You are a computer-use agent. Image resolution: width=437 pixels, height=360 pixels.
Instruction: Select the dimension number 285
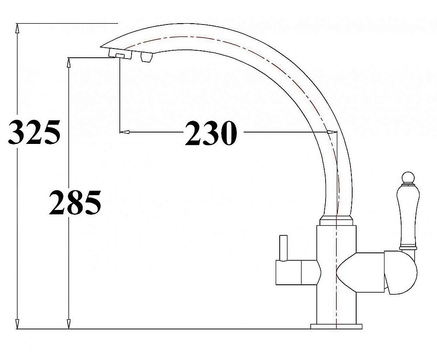(x=75, y=203)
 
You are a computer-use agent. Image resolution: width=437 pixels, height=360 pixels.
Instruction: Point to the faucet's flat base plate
(x=336, y=326)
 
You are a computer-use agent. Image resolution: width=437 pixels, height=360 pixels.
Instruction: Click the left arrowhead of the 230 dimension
(x=124, y=131)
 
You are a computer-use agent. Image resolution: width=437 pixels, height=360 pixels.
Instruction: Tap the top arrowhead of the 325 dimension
(x=17, y=28)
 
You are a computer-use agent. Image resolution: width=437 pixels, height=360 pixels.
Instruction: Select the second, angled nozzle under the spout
(x=146, y=56)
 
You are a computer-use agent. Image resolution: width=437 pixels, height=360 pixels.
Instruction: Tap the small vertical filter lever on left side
(x=283, y=248)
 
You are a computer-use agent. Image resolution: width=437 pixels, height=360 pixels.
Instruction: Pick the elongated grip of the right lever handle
(x=407, y=214)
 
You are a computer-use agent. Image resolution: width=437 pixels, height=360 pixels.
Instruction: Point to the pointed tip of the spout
(x=101, y=45)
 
